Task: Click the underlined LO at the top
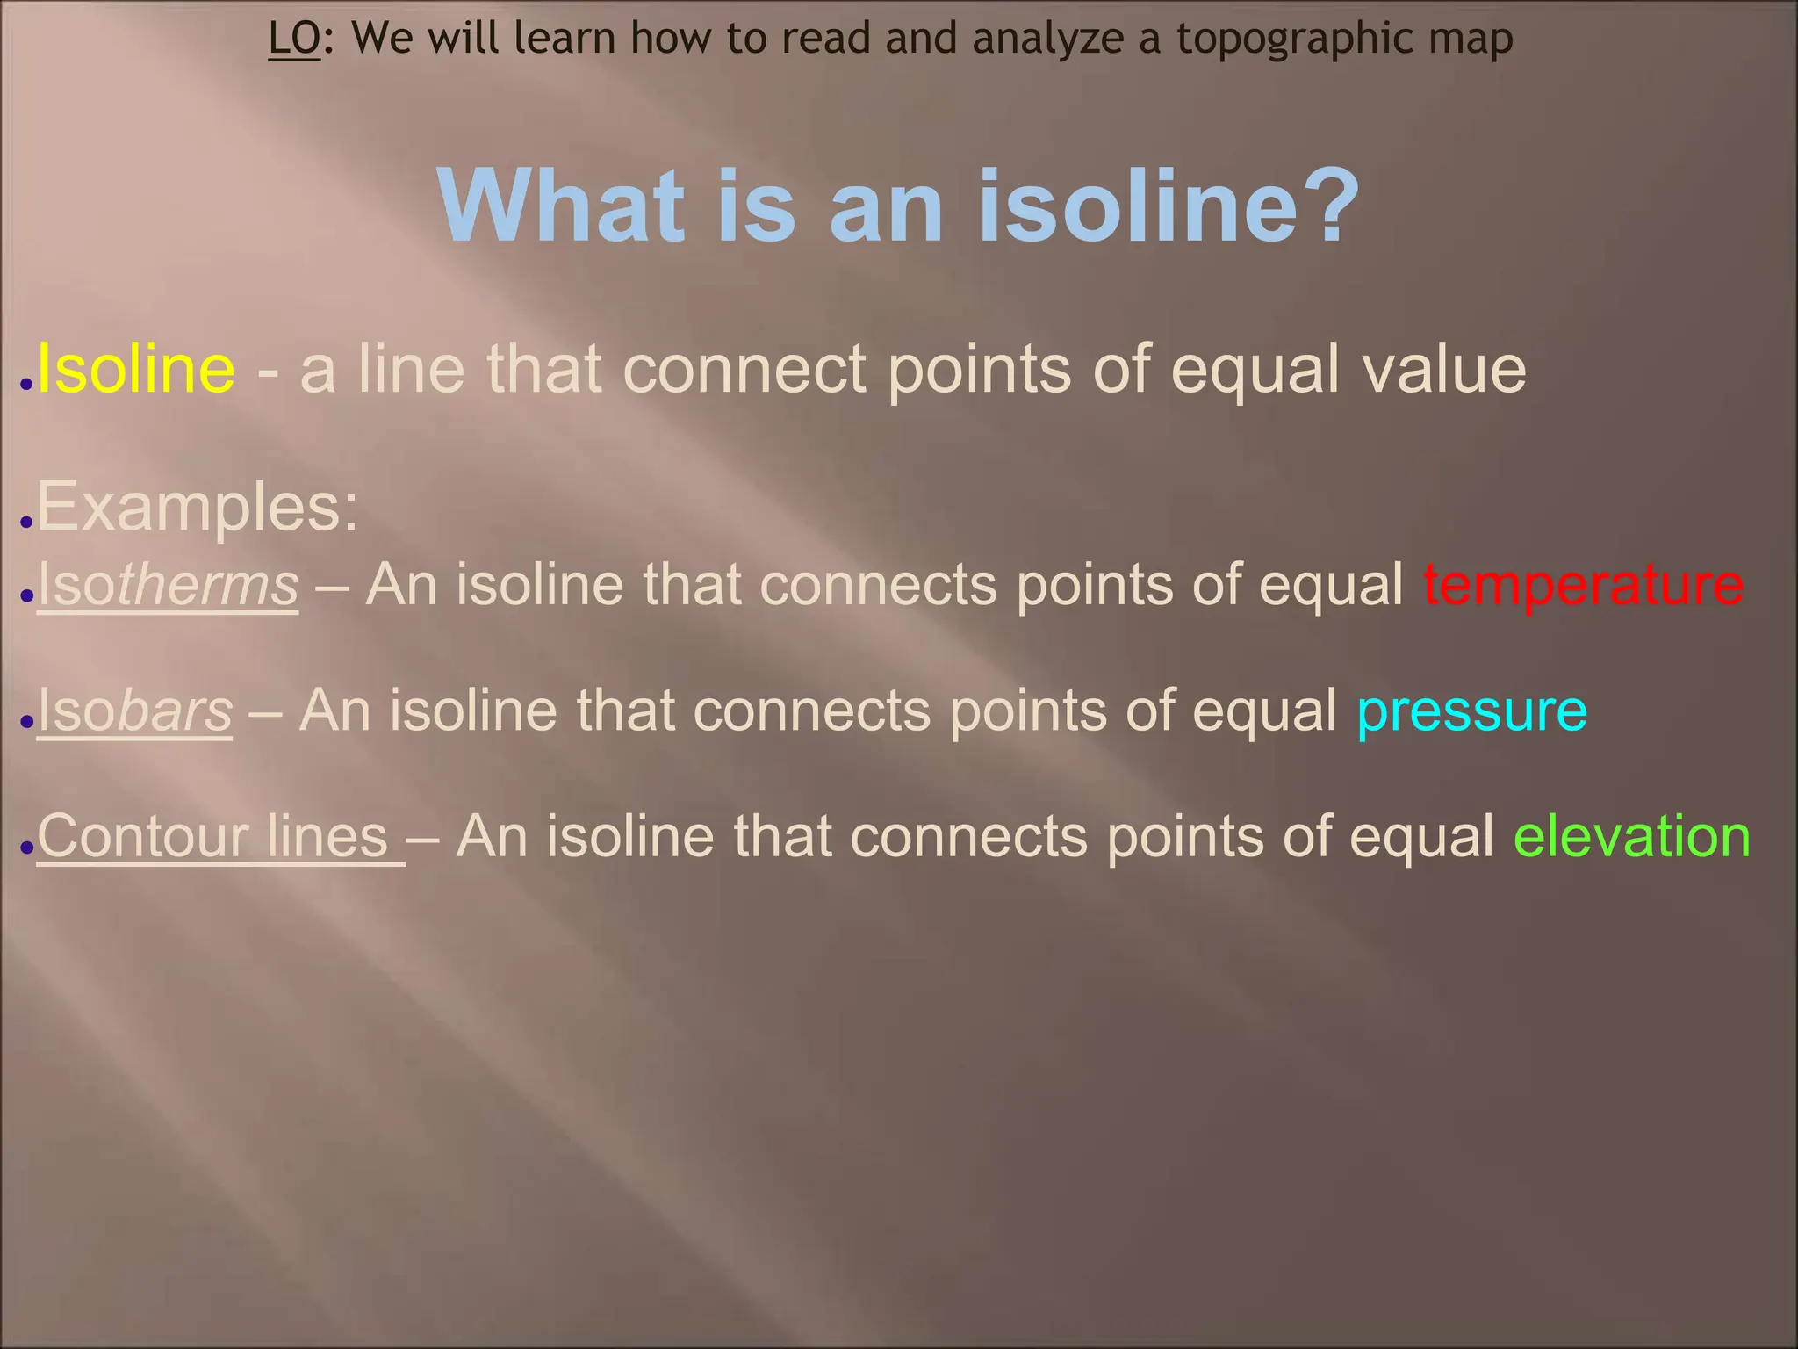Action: pyautogui.click(x=294, y=38)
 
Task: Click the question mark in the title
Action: pyautogui.click(x=1328, y=206)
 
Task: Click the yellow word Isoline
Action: pyautogui.click(x=136, y=369)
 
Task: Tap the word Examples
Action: pyautogui.click(x=198, y=507)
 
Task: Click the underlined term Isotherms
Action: pyautogui.click(x=168, y=584)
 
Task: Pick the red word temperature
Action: pyautogui.click(x=1583, y=584)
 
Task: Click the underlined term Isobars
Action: pyautogui.click(x=135, y=710)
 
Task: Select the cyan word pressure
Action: pyautogui.click(x=1471, y=710)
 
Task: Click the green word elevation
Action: pyautogui.click(x=1632, y=835)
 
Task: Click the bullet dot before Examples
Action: pyautogui.click(x=26, y=522)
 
